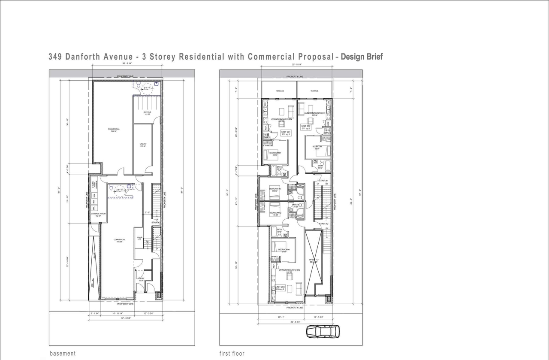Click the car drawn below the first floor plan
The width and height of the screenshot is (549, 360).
point(323,331)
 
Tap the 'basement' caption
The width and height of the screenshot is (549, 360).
point(63,354)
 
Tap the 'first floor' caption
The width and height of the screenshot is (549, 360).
point(232,354)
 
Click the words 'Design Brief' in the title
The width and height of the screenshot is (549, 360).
point(362,57)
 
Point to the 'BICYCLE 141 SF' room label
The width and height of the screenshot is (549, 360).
point(147,113)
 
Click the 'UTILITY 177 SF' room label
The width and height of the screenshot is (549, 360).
point(143,145)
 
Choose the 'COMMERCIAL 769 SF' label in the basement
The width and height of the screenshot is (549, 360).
point(114,130)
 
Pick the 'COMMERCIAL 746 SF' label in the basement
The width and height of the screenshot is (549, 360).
point(120,241)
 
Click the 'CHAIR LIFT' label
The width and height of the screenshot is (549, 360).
point(139,238)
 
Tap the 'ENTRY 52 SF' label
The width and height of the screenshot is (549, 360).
point(141,279)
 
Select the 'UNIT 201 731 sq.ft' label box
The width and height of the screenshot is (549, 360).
point(286,133)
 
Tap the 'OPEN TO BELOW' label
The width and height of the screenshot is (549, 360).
point(314,260)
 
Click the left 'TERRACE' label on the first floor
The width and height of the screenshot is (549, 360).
point(280,91)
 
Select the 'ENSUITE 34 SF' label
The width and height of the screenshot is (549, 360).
point(296,206)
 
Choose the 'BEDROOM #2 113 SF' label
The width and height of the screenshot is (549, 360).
point(275,189)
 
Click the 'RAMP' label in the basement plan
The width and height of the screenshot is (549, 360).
point(94,256)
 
